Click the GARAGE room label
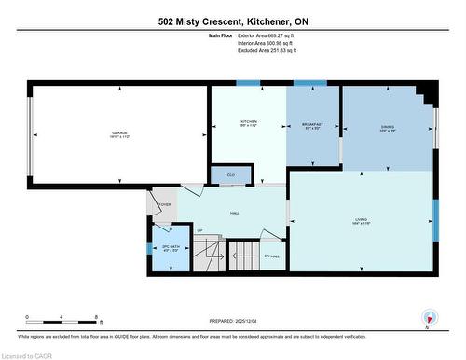pyautogui.click(x=120, y=132)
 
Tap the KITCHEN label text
pyautogui.click(x=248, y=123)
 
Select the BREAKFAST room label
pyautogui.click(x=312, y=123)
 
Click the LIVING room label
pyautogui.click(x=361, y=221)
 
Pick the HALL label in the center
pyautogui.click(x=235, y=213)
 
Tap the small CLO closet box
pyautogui.click(x=229, y=174)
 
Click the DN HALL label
pyautogui.click(x=272, y=256)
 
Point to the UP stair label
pyautogui.click(x=199, y=231)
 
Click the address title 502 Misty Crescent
pyautogui.click(x=232, y=20)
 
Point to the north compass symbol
pyautogui.click(x=427, y=317)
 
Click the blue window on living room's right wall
pyautogui.click(x=434, y=227)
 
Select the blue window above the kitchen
pyautogui.click(x=248, y=84)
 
